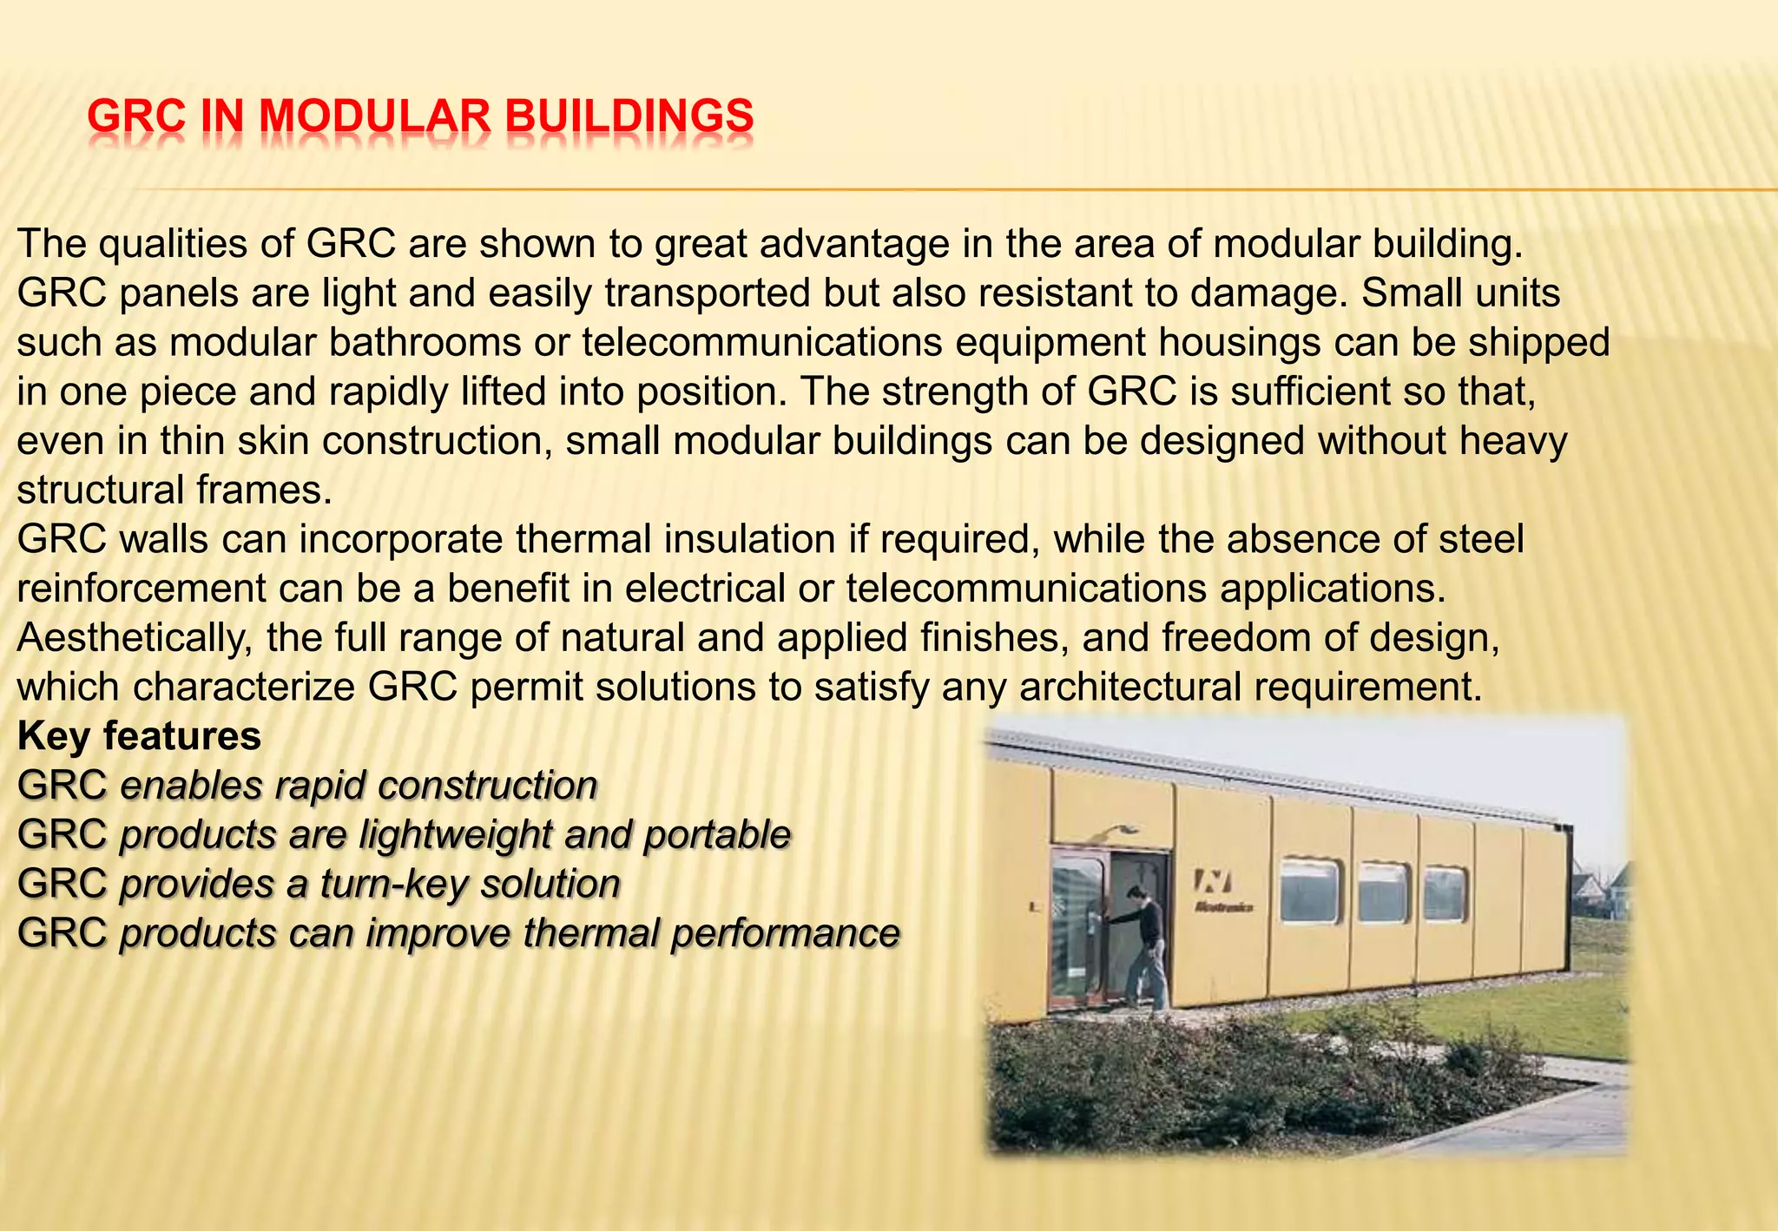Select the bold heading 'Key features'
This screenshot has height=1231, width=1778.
click(139, 736)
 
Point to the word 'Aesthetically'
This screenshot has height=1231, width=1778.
click(135, 638)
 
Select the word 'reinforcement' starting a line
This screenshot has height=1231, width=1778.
click(141, 589)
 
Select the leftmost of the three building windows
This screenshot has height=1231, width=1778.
click(1309, 890)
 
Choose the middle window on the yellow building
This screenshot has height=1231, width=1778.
click(1382, 892)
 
